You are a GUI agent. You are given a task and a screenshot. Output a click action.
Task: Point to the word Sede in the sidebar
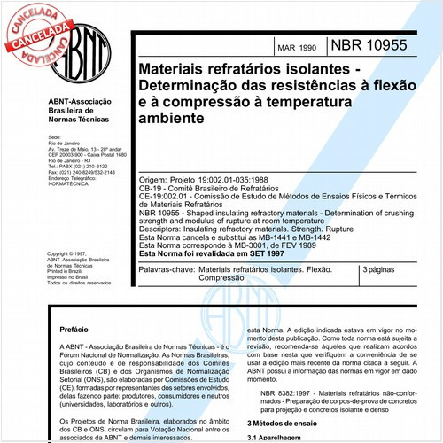52,139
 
